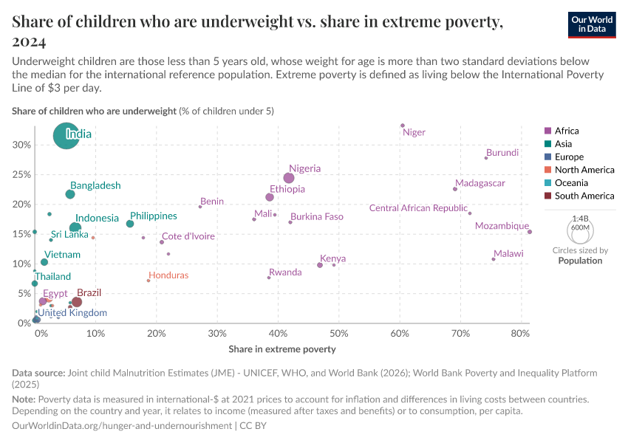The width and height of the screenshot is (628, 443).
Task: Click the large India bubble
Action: click(x=66, y=136)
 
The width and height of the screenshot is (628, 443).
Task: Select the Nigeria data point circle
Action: click(x=289, y=178)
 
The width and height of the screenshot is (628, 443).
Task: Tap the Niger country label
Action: click(x=414, y=133)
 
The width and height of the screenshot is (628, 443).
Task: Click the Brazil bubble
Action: click(x=76, y=302)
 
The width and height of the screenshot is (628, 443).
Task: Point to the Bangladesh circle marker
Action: click(x=70, y=194)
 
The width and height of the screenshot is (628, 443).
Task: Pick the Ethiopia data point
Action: click(x=270, y=197)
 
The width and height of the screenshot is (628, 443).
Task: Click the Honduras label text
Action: click(x=168, y=275)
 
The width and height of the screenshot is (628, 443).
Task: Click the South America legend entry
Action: click(x=584, y=196)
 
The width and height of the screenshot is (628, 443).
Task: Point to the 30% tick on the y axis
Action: click(x=22, y=145)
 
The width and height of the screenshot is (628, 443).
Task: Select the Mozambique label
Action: click(x=502, y=226)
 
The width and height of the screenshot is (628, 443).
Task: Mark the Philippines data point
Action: click(x=130, y=224)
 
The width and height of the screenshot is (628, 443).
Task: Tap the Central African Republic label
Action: click(x=418, y=208)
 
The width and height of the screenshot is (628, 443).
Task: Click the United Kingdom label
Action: click(x=72, y=313)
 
